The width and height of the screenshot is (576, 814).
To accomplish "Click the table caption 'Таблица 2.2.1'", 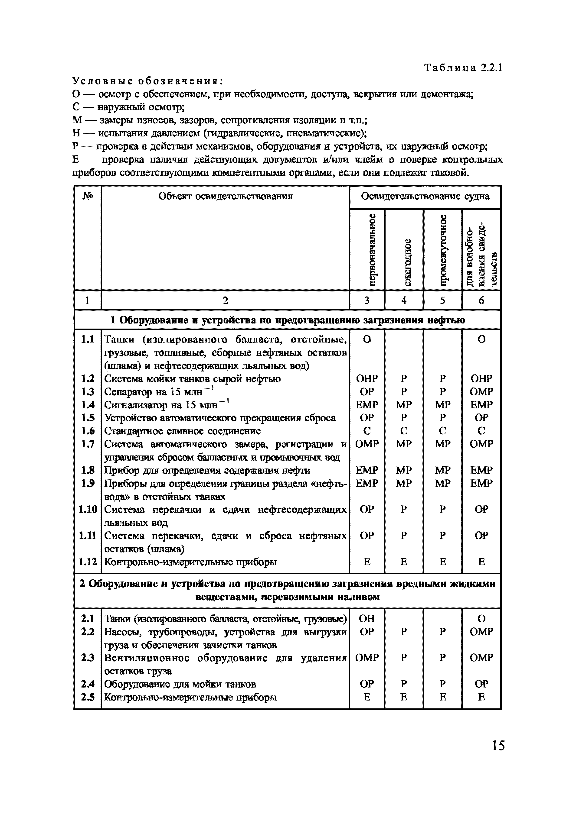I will (463, 68).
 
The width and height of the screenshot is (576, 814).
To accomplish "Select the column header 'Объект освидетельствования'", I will (225, 196).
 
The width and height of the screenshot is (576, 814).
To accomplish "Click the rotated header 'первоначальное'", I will (372, 250).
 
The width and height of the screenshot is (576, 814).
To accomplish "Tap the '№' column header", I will (88, 196).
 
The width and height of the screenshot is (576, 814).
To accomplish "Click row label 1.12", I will (87, 562).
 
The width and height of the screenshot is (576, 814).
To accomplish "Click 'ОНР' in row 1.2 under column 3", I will (367, 379).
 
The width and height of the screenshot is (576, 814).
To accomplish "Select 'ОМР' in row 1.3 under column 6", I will (481, 392).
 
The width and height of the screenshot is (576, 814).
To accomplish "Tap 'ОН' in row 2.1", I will (367, 619).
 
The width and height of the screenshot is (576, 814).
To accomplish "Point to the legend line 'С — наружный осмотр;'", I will (128, 107).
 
